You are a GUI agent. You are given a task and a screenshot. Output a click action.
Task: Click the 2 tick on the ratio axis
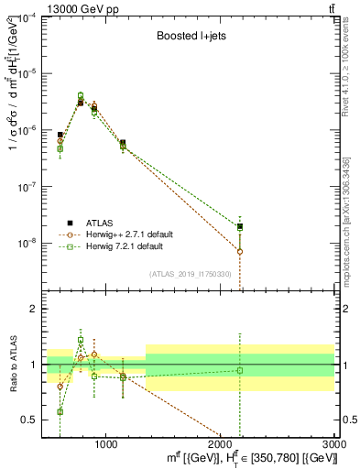pos(35,309)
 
